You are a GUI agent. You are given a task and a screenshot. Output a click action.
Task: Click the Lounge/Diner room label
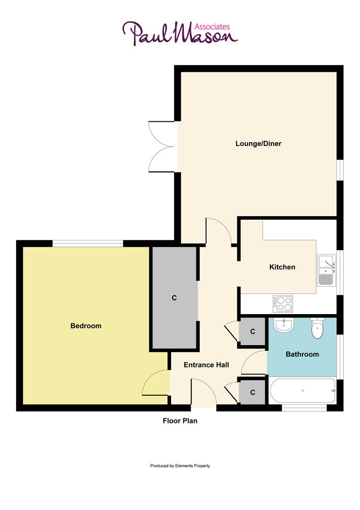(258, 143)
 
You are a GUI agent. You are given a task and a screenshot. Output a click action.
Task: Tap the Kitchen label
(282, 267)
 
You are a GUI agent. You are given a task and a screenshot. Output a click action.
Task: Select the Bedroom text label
(86, 326)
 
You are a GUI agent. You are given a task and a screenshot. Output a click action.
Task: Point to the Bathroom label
(302, 354)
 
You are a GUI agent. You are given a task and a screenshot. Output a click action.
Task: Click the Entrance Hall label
(206, 365)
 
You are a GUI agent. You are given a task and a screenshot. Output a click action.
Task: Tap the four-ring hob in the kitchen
(283, 303)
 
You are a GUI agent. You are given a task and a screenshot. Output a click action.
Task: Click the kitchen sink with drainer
(326, 270)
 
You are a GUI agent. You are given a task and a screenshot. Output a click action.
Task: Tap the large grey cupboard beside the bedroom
(174, 298)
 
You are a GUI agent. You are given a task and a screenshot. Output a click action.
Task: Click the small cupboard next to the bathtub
(252, 392)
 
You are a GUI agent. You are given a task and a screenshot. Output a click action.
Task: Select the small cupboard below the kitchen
(252, 331)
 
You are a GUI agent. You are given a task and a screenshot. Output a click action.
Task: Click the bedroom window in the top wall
(88, 243)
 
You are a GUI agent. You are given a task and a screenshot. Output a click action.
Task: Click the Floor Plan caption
(180, 421)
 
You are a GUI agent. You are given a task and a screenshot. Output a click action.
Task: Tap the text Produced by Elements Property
(180, 466)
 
